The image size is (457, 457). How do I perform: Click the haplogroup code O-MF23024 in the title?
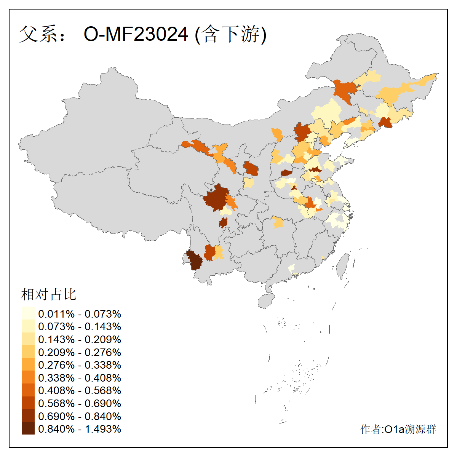click(x=136, y=34)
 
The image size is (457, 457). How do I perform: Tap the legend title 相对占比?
click(x=49, y=294)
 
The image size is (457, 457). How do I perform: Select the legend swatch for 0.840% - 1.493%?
click(x=28, y=429)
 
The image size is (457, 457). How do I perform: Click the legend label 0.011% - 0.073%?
click(x=80, y=314)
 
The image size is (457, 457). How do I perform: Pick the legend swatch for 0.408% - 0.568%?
click(x=28, y=390)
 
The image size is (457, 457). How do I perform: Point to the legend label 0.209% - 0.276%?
click(x=80, y=352)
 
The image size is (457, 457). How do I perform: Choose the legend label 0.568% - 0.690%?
click(x=80, y=403)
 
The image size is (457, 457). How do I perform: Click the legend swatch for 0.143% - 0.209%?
click(x=28, y=339)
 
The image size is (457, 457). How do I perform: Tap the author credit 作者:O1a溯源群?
click(x=398, y=429)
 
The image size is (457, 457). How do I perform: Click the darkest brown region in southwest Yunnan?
click(x=195, y=260)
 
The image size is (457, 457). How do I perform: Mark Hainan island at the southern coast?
click(x=266, y=300)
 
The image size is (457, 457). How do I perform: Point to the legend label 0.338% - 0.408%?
click(x=80, y=378)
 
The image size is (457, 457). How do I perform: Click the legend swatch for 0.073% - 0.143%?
click(x=28, y=327)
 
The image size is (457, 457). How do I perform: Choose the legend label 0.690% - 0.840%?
click(x=80, y=416)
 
